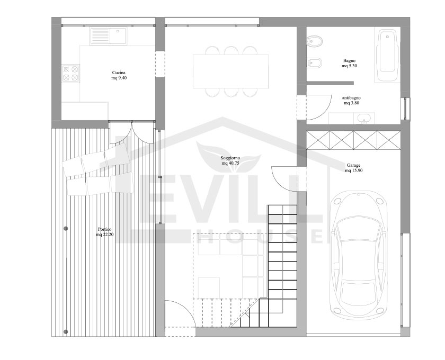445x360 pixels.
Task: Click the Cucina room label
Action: pos(119,73)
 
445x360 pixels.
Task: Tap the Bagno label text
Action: pos(349,60)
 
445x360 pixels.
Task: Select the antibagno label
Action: pos(351,97)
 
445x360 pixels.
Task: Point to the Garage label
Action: pos(353,165)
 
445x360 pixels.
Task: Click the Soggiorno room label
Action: pos(230,158)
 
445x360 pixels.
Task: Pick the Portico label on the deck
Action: pos(105,229)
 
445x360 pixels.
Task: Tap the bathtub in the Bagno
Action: pos(387,55)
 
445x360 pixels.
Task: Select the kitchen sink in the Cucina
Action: pos(109,36)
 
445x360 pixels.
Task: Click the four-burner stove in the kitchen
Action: pos(70,73)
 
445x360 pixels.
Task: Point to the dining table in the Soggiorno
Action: pos(231,71)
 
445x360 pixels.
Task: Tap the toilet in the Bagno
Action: pos(315,42)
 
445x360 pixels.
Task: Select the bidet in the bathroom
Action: pos(314,62)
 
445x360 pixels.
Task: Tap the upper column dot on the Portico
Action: pos(66,228)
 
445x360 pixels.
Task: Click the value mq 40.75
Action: pos(230,163)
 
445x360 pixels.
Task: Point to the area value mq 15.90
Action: pos(354,170)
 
